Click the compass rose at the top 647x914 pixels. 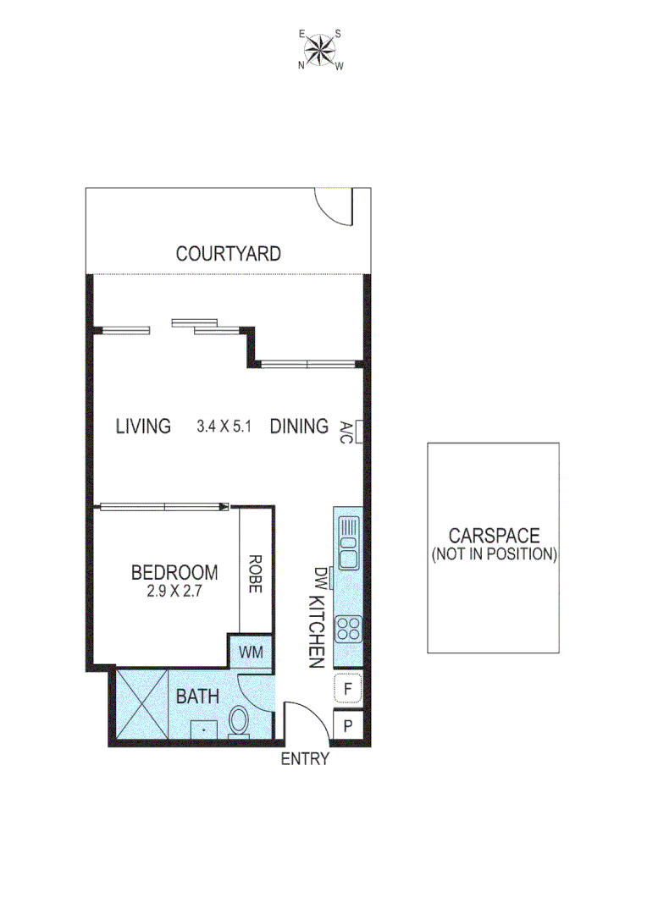point(320,50)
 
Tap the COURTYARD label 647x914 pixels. point(228,253)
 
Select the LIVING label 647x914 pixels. point(143,426)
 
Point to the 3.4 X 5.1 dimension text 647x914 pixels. point(224,427)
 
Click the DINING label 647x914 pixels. point(299,426)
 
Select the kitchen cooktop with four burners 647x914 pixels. point(348,628)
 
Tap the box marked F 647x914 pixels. point(348,688)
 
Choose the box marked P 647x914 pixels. point(348,725)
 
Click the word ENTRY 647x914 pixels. point(305,759)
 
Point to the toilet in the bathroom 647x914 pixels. point(239,723)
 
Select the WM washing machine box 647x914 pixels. point(251,652)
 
